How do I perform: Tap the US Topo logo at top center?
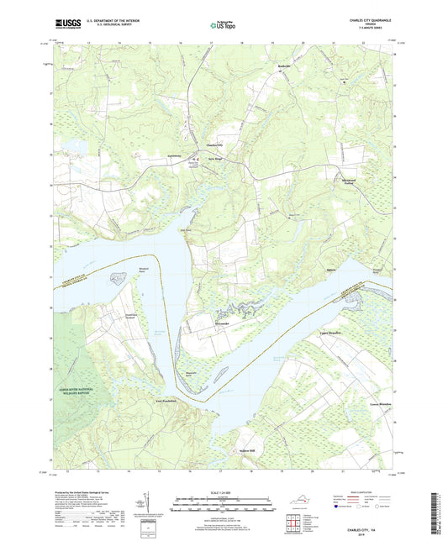[x=223, y=26]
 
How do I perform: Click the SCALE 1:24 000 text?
[x=224, y=492]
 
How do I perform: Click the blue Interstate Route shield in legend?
[x=345, y=507]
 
